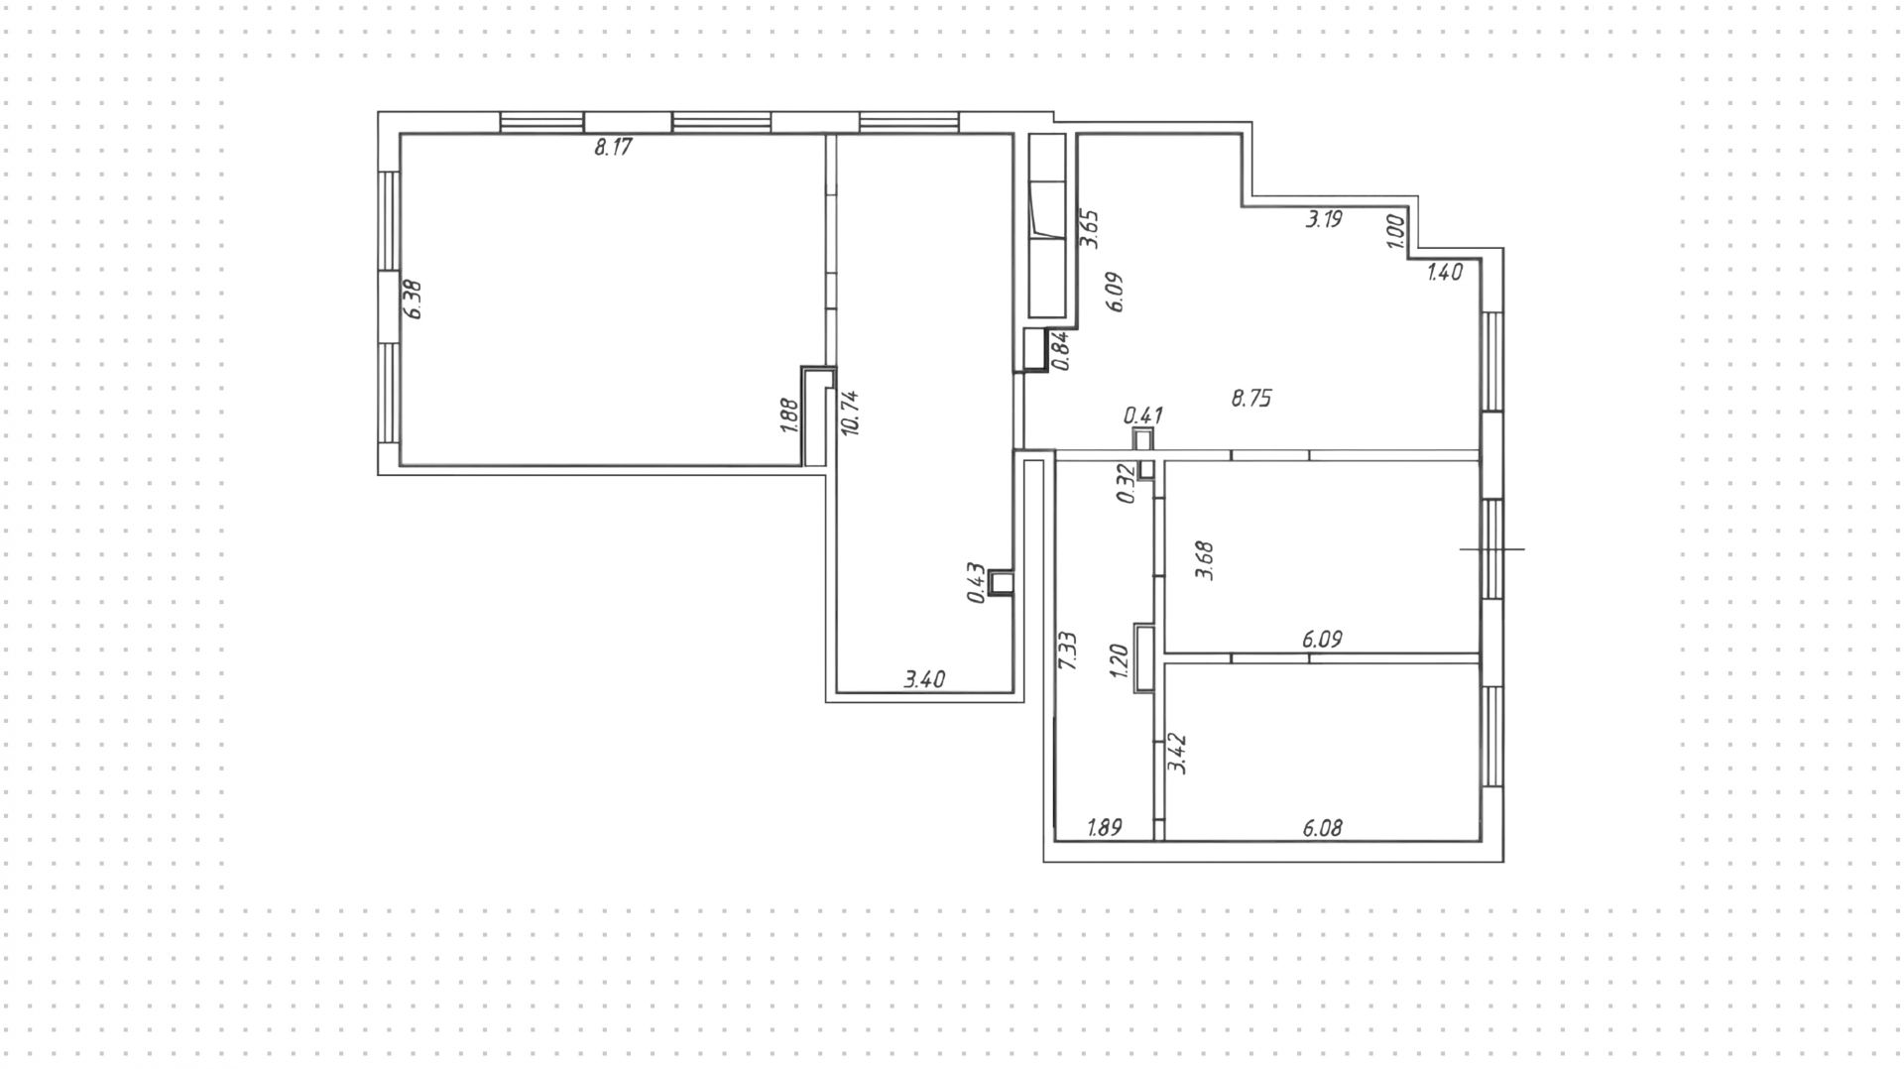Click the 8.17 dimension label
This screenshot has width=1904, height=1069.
click(613, 149)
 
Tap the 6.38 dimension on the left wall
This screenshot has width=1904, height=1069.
click(414, 298)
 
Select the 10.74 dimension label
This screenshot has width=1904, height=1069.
click(850, 413)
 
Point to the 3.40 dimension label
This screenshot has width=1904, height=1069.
click(924, 680)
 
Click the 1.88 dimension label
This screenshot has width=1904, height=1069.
click(789, 416)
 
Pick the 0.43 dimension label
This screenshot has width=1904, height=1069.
click(976, 583)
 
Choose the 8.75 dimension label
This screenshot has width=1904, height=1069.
click(1251, 399)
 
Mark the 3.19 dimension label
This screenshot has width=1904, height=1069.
click(1324, 220)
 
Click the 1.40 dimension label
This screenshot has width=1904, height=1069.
click(1445, 273)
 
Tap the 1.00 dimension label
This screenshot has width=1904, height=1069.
click(1395, 232)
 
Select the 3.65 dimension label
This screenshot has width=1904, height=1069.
click(1090, 229)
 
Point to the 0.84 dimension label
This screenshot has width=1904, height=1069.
click(1060, 351)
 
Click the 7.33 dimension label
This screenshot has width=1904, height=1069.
click(1068, 651)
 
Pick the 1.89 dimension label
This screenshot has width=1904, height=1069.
click(1105, 828)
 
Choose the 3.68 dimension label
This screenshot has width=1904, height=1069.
click(1205, 560)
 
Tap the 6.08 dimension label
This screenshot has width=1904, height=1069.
click(1323, 828)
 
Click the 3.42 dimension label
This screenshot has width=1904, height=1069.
click(1178, 754)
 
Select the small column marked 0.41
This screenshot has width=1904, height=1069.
click(1143, 440)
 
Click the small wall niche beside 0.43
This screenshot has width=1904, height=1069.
click(1002, 584)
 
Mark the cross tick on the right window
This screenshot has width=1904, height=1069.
click(1491, 548)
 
